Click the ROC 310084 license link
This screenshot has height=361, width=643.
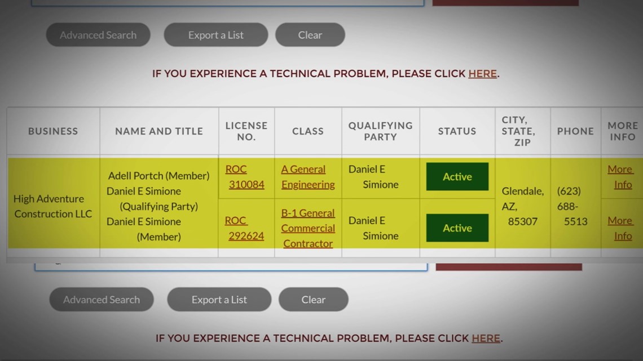pos(245,177)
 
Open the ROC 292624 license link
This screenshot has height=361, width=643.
pos(244,228)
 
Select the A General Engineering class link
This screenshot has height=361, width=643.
pos(308,177)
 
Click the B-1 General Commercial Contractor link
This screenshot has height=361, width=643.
pos(308,228)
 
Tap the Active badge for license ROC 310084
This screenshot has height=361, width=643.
pos(457,176)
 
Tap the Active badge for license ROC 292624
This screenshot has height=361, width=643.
pos(457,228)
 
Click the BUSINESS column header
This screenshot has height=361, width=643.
pos(53,131)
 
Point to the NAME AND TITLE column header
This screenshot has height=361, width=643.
pos(159,131)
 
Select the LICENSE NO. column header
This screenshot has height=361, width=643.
pos(246,131)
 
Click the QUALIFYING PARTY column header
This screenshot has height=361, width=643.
pos(381,131)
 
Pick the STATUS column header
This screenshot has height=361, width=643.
pos(457,131)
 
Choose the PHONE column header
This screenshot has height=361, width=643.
pos(575,131)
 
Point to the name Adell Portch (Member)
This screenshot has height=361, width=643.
pos(158,176)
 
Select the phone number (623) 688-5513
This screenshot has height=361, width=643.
pos(572,206)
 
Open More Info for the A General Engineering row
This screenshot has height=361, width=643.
pos(620,177)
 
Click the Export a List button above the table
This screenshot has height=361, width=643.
pos(216,35)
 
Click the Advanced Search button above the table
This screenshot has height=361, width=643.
pos(98,35)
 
